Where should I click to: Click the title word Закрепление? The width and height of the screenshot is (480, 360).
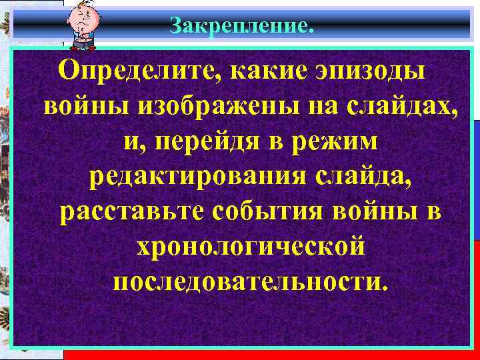pos(241,26)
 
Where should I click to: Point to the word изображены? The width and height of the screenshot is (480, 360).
pos(184,106)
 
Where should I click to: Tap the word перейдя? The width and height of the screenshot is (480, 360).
pos(204,142)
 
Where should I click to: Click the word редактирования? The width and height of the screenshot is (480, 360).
pos(193,177)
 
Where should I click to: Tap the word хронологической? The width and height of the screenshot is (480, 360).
pos(250,247)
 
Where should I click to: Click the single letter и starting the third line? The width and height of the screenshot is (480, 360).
pos(131,143)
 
